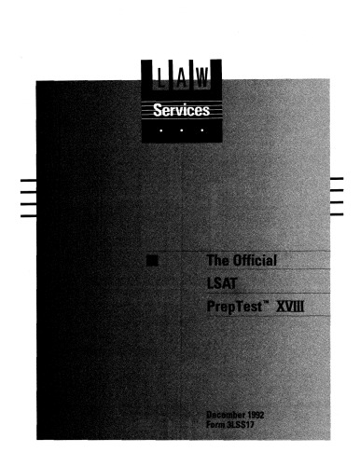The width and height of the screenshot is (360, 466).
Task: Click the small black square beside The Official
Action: [x=151, y=260]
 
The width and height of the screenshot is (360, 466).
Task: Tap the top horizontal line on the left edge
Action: [x=18, y=178]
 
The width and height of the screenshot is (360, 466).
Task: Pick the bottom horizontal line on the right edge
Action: [x=337, y=214]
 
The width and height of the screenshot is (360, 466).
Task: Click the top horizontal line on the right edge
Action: [x=337, y=178]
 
